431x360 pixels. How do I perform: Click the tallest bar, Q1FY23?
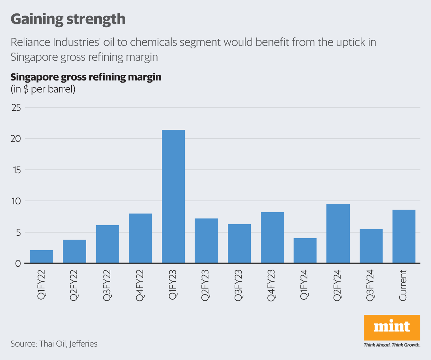pos(173,196)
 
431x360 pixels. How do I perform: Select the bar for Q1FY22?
pos(41,257)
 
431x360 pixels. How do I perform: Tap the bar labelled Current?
pos(404,236)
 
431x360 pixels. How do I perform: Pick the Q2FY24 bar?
pos(338,233)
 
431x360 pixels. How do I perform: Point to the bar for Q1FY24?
pos(305,251)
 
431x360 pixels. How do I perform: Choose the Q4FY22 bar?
pos(140,238)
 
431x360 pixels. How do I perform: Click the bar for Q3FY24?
pos(371,246)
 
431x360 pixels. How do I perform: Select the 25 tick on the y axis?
pos(16,108)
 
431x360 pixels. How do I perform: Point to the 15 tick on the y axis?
pos(16,170)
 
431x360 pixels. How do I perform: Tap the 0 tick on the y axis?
pos(18,264)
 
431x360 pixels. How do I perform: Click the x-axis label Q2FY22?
pos(74,285)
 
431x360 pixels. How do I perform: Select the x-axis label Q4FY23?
pos(272,285)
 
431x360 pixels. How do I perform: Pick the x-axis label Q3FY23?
pos(239,285)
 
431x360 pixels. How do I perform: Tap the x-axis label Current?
pos(403,285)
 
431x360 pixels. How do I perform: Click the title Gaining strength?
pos(68,19)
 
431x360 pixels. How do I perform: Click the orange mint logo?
pos(392,327)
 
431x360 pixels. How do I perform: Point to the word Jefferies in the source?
pos(83,344)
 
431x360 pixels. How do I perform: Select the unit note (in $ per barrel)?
pos(43,89)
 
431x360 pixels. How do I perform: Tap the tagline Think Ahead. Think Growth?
pos(392,345)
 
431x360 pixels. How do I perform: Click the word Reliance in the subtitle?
pos(30,42)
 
